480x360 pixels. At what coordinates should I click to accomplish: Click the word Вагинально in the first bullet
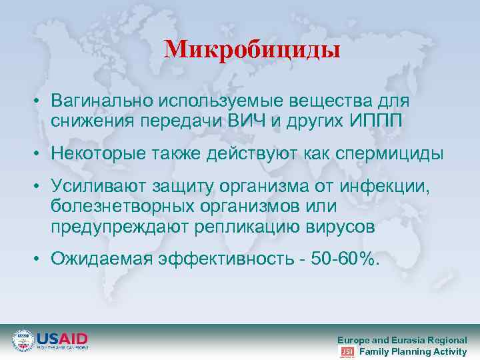(x=101, y=101)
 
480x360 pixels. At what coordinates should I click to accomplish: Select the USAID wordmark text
(x=62, y=338)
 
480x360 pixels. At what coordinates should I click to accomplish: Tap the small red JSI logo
(x=347, y=351)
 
